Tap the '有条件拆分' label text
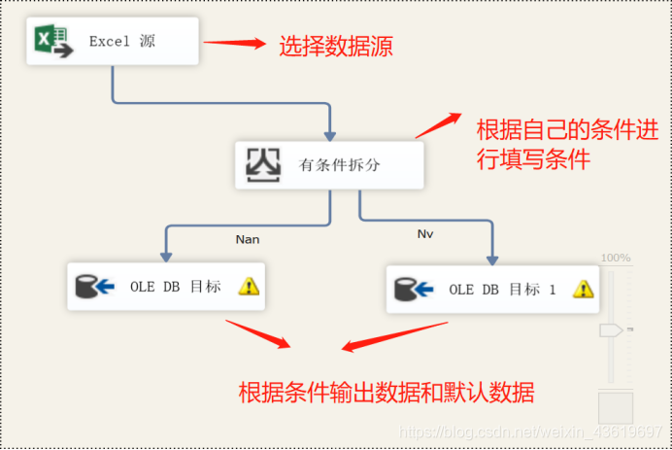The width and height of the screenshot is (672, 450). [339, 165]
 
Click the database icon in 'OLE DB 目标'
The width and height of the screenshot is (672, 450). [95, 286]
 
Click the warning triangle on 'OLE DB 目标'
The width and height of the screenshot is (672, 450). [250, 286]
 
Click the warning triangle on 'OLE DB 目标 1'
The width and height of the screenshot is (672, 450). [583, 289]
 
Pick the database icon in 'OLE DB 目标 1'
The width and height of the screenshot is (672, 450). [414, 289]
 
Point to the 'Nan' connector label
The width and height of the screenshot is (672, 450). [248, 238]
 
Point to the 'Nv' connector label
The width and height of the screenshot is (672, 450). [425, 234]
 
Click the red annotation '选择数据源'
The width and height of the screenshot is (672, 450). [336, 45]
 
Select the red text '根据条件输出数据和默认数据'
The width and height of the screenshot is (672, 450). [386, 393]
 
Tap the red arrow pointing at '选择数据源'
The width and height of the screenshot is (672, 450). [235, 42]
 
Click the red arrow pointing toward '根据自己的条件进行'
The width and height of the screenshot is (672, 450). [438, 125]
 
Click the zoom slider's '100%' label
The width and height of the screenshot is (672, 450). [616, 258]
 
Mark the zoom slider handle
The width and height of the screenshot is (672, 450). [611, 330]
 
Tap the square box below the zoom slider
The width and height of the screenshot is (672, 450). [614, 408]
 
